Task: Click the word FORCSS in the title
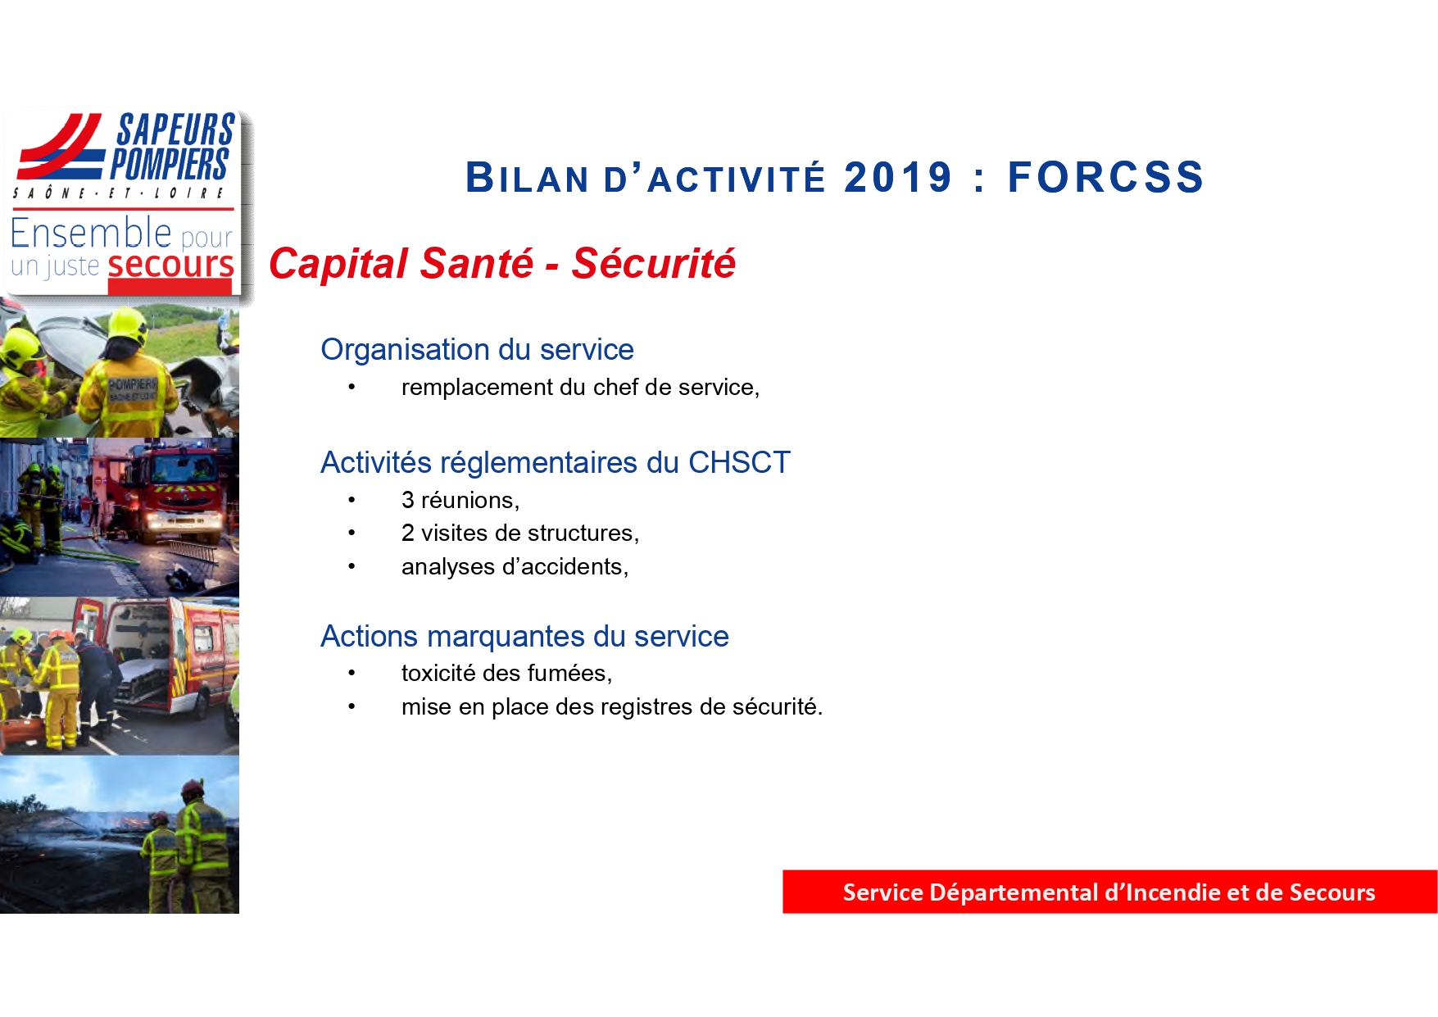pyautogui.click(x=1105, y=178)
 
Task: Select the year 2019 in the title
pyautogui.click(x=898, y=178)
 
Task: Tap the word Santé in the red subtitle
pyautogui.click(x=476, y=264)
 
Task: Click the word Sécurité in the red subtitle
pyautogui.click(x=654, y=264)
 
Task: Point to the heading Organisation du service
pyautogui.click(x=477, y=350)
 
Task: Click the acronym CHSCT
pyautogui.click(x=739, y=463)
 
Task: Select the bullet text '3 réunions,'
pyautogui.click(x=460, y=500)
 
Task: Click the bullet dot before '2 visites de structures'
pyautogui.click(x=352, y=533)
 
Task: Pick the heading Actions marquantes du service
pyautogui.click(x=524, y=637)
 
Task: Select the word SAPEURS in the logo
pyautogui.click(x=175, y=130)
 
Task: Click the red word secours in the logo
pyautogui.click(x=170, y=266)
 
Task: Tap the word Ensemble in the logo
pyautogui.click(x=91, y=234)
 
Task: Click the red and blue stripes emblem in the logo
pyautogui.click(x=61, y=147)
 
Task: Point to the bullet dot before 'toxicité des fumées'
pyautogui.click(x=352, y=674)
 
